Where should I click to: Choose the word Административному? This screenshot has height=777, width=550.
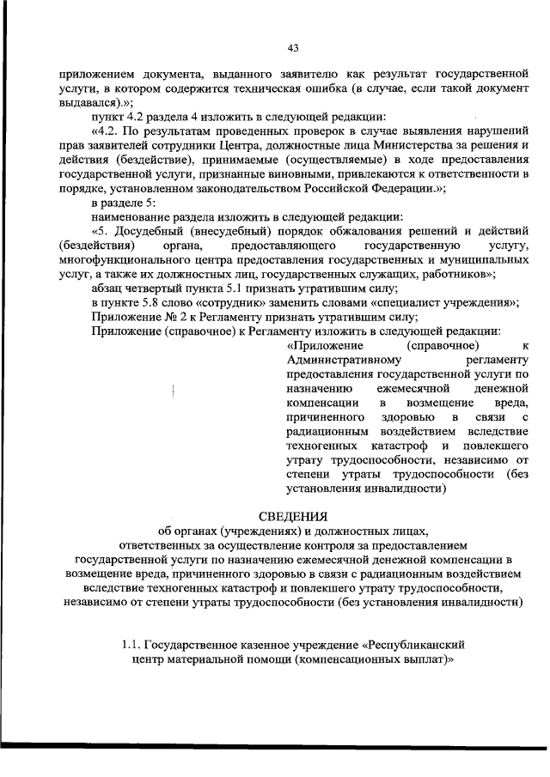(337, 361)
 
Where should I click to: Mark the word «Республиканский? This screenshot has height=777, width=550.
(415, 643)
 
